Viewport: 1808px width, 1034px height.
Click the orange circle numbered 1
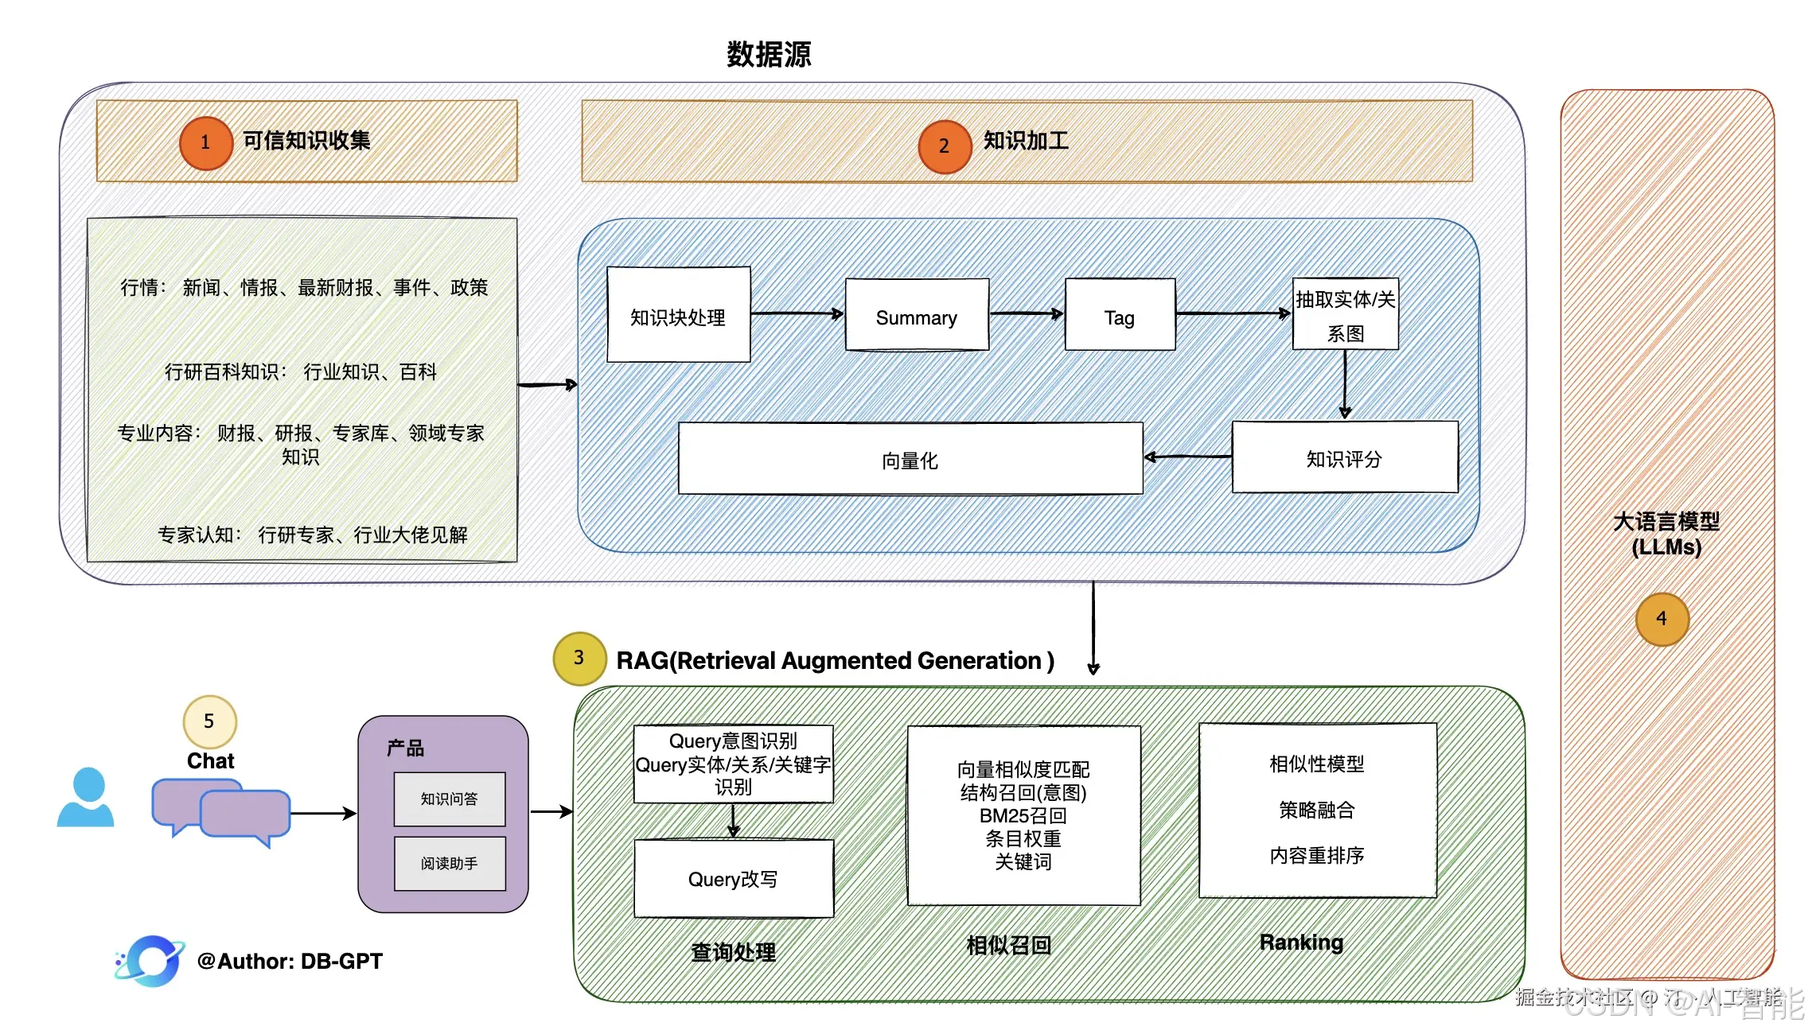point(205,143)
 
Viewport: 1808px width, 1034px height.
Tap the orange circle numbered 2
point(944,146)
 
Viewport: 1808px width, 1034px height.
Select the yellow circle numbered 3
point(579,659)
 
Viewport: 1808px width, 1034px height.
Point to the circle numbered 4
point(1662,619)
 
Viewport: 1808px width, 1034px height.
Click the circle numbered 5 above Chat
point(209,721)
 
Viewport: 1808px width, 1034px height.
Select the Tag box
point(1120,315)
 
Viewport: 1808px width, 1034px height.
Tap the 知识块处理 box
point(678,315)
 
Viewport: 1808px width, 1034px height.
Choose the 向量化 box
point(910,459)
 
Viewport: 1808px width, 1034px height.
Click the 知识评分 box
point(1345,457)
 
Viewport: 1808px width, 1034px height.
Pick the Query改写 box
point(733,879)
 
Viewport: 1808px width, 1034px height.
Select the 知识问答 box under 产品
point(450,799)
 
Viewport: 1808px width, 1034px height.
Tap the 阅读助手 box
point(450,863)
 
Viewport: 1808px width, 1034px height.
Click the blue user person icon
point(87,798)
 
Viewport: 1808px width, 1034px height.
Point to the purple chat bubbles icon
point(221,811)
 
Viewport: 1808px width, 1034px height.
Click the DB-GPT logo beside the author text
point(150,961)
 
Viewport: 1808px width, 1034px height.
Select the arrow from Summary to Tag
point(1027,313)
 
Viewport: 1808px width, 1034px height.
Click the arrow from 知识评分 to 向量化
point(1187,457)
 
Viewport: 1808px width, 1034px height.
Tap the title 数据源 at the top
point(769,54)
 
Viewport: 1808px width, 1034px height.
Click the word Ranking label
point(1301,943)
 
